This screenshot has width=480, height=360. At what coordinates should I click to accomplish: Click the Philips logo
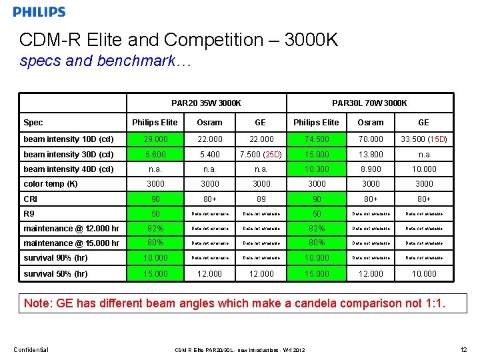point(39,12)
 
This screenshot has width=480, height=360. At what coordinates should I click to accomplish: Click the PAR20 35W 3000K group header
point(206,103)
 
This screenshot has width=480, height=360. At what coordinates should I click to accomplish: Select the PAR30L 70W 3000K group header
point(369,103)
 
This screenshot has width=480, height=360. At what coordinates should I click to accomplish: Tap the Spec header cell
point(33,123)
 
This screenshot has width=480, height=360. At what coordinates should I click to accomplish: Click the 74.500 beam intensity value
point(317,139)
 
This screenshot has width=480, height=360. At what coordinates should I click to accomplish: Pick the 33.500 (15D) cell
point(423,139)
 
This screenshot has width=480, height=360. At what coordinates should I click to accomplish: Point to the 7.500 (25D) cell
point(261,155)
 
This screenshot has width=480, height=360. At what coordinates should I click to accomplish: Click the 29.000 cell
point(155,139)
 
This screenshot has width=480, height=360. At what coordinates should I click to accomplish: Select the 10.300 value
point(317,169)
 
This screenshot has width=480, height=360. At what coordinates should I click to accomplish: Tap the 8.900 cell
point(371,169)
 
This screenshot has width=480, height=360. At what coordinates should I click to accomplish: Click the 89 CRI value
point(261,199)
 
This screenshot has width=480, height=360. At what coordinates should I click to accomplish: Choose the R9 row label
point(29,214)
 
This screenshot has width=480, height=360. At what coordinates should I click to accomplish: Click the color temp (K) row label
point(51,184)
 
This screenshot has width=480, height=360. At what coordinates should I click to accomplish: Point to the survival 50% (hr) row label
point(55,274)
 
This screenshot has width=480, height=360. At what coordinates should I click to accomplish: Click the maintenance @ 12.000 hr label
point(71,229)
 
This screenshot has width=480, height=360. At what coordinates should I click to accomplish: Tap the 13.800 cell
point(371,155)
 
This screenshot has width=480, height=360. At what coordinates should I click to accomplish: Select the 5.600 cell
point(155,155)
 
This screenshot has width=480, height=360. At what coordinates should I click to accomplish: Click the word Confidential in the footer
point(31,350)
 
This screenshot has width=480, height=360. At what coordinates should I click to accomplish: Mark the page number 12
point(463,350)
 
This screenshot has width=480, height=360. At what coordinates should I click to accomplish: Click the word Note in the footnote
point(37,304)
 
